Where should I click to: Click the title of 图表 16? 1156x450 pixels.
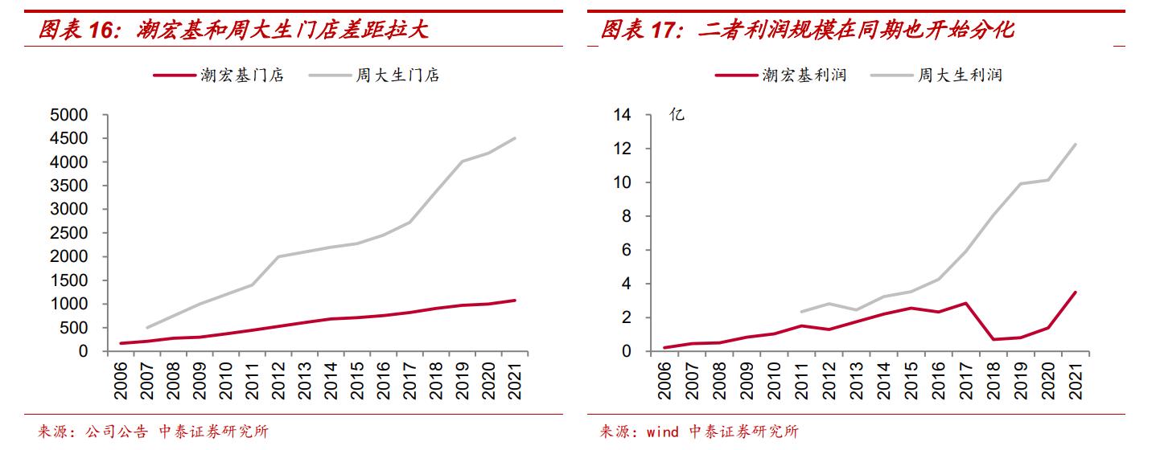(233, 31)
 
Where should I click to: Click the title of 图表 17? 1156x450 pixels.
(807, 31)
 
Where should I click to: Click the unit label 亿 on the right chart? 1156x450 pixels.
(677, 115)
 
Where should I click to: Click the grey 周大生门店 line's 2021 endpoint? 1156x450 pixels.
(516, 138)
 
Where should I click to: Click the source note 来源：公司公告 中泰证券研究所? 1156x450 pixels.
(153, 432)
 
